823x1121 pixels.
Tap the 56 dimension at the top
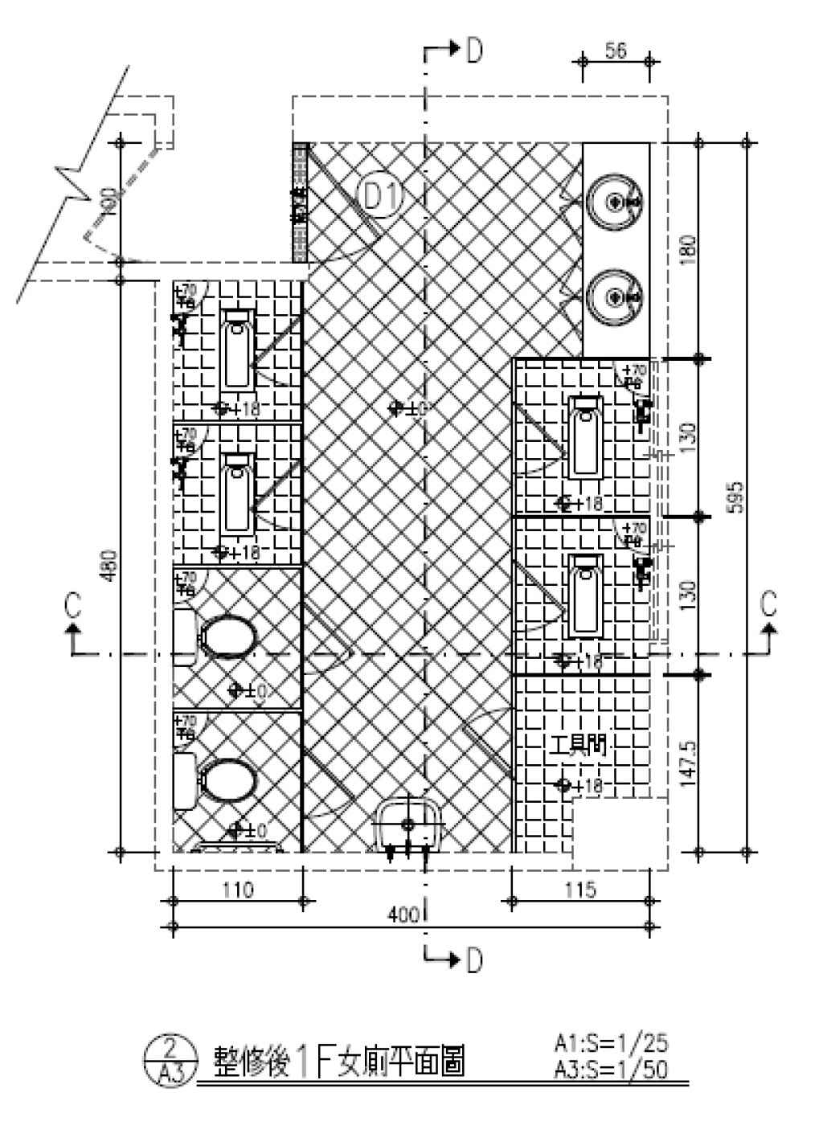tap(616, 51)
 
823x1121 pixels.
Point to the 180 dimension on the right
tap(688, 251)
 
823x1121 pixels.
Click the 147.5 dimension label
tap(688, 763)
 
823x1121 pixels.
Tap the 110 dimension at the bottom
tap(237, 890)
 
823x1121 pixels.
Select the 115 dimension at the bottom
tap(580, 890)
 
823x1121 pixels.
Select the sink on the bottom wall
tap(409, 824)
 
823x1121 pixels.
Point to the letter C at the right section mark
tap(769, 603)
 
